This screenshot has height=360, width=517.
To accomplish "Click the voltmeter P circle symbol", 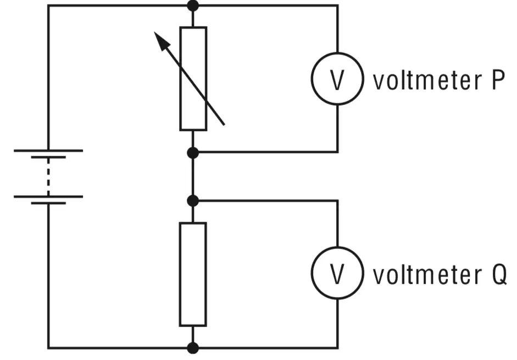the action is pyautogui.click(x=312, y=79).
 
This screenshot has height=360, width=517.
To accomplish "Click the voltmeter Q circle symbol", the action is pyautogui.click(x=312, y=273).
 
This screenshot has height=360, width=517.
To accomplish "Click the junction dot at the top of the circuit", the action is pyautogui.click(x=193, y=5).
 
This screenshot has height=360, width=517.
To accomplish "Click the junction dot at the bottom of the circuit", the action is pyautogui.click(x=193, y=348).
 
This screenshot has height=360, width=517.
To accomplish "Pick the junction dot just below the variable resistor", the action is pyautogui.click(x=193, y=153).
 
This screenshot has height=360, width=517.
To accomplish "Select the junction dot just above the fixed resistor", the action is pyautogui.click(x=193, y=201).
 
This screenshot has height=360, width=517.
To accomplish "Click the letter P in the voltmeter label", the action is pyautogui.click(x=498, y=80).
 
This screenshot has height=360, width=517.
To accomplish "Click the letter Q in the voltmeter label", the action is pyautogui.click(x=499, y=275).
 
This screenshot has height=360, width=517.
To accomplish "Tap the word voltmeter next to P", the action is pyautogui.click(x=427, y=80).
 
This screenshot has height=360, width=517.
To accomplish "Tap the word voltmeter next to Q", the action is pyautogui.click(x=427, y=274).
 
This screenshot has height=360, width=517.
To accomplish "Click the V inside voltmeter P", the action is pyautogui.click(x=337, y=80).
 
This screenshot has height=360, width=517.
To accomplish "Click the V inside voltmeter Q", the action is pyautogui.click(x=337, y=274).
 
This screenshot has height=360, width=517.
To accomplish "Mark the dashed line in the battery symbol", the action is pyautogui.click(x=48, y=177).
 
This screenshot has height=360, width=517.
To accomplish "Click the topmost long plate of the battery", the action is pyautogui.click(x=48, y=151).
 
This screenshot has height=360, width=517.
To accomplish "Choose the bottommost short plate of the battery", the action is pyautogui.click(x=48, y=203).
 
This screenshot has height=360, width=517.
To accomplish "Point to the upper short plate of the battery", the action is pyautogui.click(x=48, y=157).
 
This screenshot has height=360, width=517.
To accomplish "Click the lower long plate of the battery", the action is pyautogui.click(x=48, y=197).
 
